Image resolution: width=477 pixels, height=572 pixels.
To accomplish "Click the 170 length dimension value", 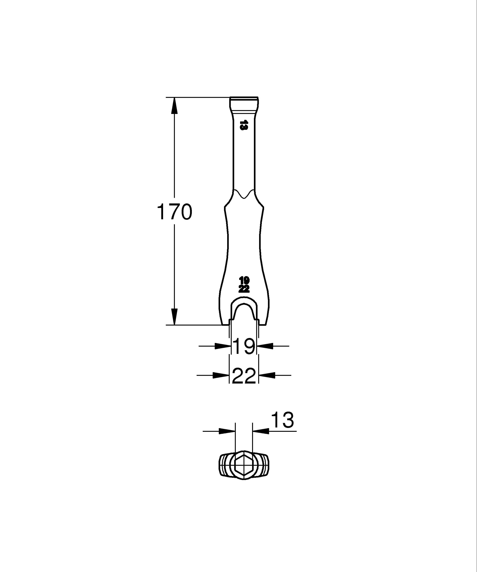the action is (x=175, y=212).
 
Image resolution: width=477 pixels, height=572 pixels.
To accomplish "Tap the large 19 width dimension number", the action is (x=244, y=346).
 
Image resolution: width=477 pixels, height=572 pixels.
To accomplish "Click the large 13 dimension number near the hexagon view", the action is (x=283, y=420).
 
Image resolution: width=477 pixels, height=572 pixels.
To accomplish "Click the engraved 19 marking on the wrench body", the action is (x=244, y=280).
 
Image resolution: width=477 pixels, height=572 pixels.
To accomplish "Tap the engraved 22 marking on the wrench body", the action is (x=244, y=289).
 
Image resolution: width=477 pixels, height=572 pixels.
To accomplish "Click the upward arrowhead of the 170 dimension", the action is (x=175, y=105).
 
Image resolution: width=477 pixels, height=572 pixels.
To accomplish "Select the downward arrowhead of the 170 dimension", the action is (x=175, y=317).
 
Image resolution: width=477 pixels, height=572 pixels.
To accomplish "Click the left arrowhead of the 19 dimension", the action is (x=223, y=346).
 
